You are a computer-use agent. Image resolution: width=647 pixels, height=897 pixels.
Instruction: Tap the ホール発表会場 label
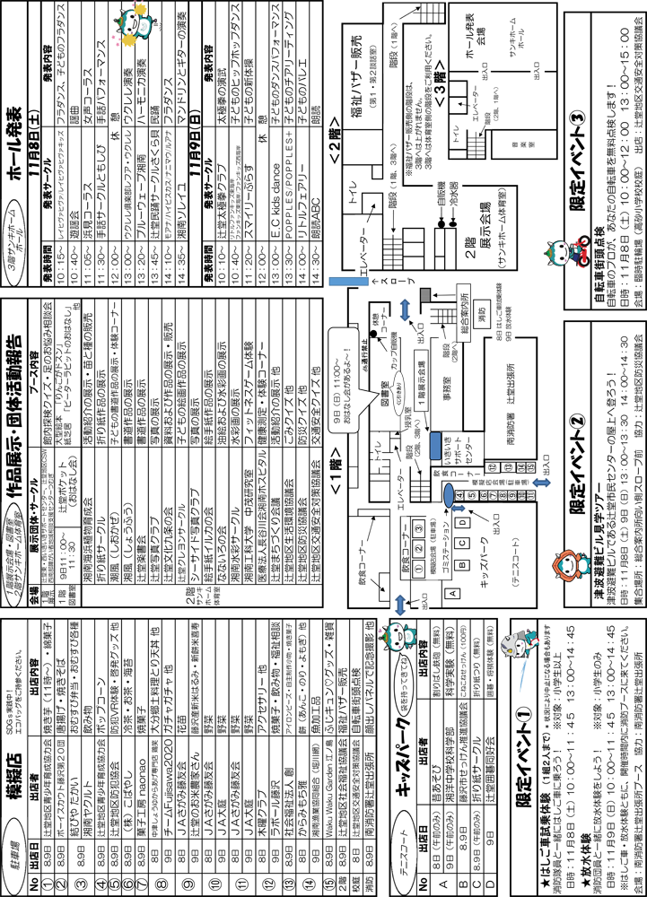(476, 48)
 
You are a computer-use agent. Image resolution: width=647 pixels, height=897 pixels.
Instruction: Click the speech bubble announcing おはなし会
(345, 380)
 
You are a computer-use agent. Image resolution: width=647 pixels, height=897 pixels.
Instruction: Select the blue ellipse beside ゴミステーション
(449, 496)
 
